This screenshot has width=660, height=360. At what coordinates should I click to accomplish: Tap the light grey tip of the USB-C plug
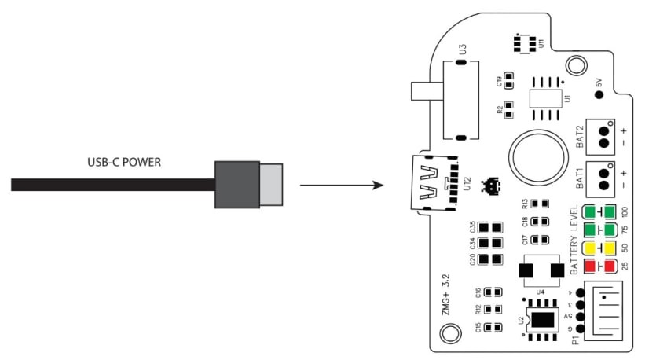tap(271, 186)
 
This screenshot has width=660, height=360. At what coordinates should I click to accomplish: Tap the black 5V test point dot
tap(599, 95)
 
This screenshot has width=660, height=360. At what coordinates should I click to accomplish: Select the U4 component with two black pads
tap(542, 271)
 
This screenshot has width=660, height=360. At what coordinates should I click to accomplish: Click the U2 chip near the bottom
tap(541, 320)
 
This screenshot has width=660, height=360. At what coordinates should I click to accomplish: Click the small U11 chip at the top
tap(524, 41)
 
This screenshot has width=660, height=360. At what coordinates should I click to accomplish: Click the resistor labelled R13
tap(539, 204)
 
